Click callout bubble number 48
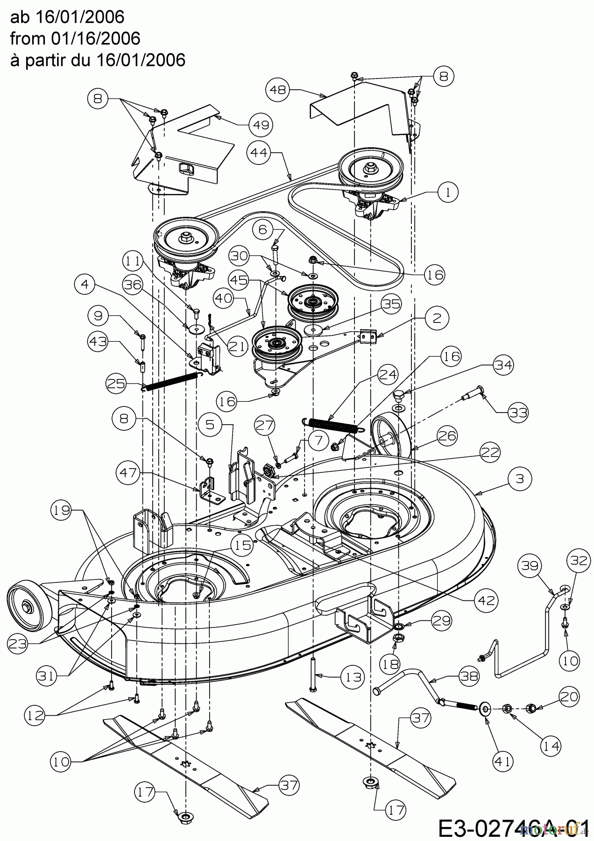point(278,89)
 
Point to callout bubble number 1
point(448,192)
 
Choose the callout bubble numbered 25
point(117,384)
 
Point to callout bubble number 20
point(568,696)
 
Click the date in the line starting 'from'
point(93,39)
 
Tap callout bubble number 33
point(518,412)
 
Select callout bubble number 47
point(128,473)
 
